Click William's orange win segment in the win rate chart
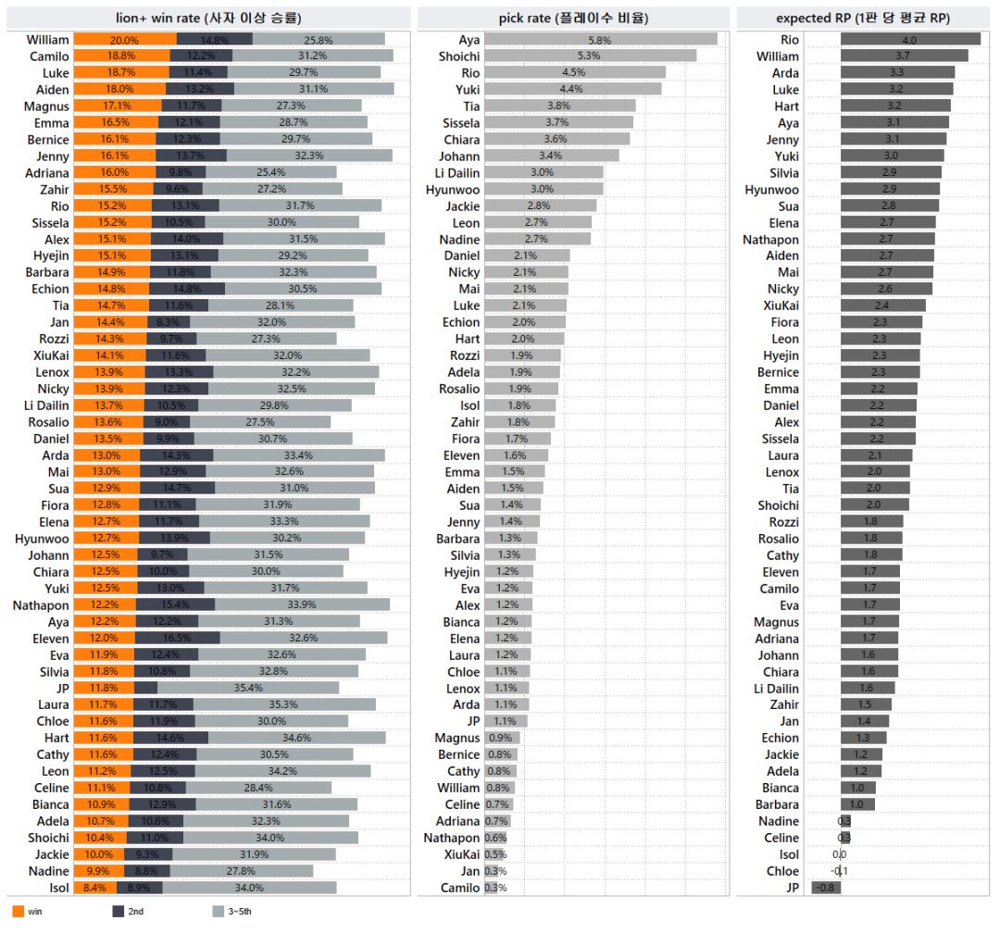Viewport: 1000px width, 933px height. click(x=124, y=40)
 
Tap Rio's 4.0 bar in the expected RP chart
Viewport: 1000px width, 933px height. click(x=910, y=40)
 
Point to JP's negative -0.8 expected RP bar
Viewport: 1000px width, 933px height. click(x=826, y=888)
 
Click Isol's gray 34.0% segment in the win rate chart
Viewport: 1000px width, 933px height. click(x=250, y=888)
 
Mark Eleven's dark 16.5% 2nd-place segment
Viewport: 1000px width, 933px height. click(x=177, y=638)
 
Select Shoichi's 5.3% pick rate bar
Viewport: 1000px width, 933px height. click(x=590, y=56)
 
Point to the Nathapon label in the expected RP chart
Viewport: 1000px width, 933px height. click(x=770, y=240)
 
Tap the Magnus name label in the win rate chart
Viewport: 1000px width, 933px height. click(x=48, y=106)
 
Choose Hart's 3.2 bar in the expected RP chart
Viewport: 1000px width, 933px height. click(x=895, y=106)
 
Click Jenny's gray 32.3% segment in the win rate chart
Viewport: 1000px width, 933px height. click(x=306, y=156)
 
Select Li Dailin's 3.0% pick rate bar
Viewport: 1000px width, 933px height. click(x=544, y=173)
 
